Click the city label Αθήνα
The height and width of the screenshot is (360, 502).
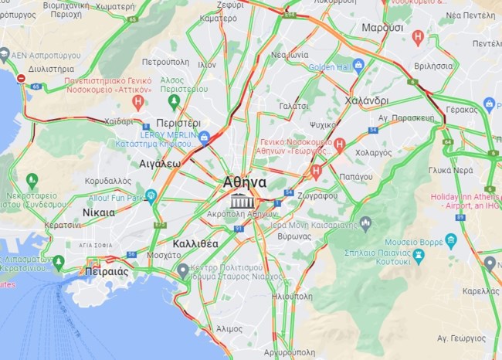(x=244, y=182)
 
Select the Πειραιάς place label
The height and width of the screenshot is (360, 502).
(x=102, y=271)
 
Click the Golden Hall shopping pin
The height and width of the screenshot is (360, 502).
(x=358, y=66)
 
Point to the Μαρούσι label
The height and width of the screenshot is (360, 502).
(x=382, y=27)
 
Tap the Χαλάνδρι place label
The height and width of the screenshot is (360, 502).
(x=367, y=101)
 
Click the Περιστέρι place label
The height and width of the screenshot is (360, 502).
(x=178, y=123)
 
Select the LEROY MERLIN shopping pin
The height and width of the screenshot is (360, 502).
(x=205, y=138)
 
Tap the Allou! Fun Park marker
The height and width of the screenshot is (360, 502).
(x=151, y=197)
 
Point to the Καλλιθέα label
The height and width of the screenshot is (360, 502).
(x=195, y=243)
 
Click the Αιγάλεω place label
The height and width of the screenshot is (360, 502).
(x=160, y=164)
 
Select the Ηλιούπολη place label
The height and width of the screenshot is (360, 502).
(x=290, y=296)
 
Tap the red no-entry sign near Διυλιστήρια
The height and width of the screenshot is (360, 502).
(x=21, y=78)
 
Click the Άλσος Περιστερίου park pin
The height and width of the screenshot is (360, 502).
(x=175, y=100)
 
